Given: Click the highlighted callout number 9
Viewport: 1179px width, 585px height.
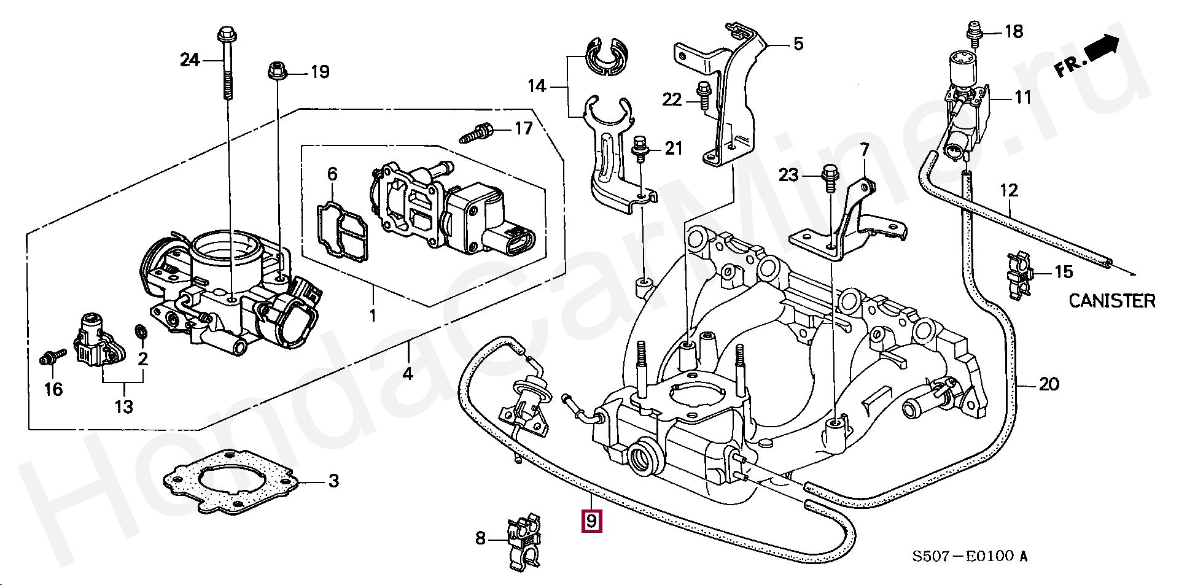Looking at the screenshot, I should pyautogui.click(x=591, y=521).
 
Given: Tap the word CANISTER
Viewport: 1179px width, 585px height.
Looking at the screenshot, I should pyautogui.click(x=1111, y=301).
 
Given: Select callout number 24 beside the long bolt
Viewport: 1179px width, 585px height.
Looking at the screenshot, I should pyautogui.click(x=190, y=60).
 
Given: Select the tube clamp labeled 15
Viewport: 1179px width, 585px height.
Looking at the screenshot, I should pyautogui.click(x=1020, y=275).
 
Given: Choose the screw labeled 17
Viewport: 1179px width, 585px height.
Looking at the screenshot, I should pyautogui.click(x=477, y=133).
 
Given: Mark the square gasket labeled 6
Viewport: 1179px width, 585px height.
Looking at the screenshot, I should pyautogui.click(x=342, y=230).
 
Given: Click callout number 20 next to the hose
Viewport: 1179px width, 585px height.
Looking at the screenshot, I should pyautogui.click(x=1049, y=384).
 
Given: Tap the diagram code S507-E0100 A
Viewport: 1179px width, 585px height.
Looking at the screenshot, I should pyautogui.click(x=969, y=557).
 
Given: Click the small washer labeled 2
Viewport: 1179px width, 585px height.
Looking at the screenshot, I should pyautogui.click(x=141, y=332).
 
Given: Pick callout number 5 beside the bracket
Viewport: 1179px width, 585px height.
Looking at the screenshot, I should pyautogui.click(x=798, y=44).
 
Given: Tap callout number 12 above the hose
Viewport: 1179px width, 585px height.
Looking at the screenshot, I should pyautogui.click(x=1009, y=190).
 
